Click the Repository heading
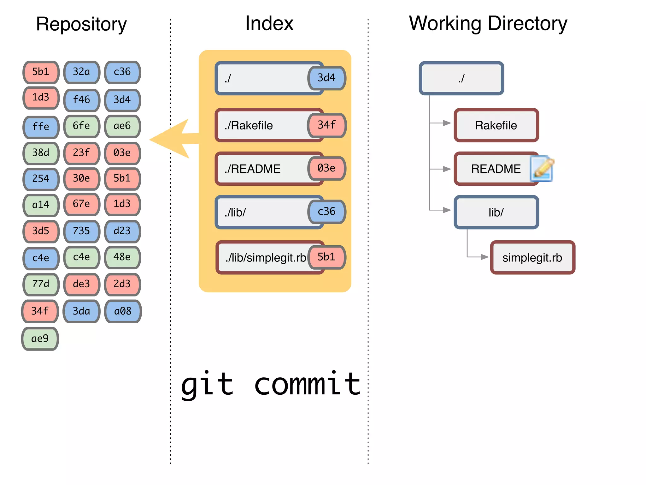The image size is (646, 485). tap(81, 24)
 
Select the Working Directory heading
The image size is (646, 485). tap(488, 24)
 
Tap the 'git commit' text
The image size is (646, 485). tap(271, 384)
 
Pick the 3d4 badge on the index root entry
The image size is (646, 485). tap(326, 78)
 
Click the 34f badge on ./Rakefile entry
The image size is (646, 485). tap(326, 125)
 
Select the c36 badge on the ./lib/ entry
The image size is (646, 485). tap(326, 212)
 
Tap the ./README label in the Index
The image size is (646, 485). tap(252, 169)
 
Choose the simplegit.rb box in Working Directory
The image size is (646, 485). tap(532, 258)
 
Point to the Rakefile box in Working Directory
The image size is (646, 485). tap(496, 125)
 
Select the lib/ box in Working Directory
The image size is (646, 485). tap(496, 212)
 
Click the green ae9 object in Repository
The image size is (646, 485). tap(40, 339)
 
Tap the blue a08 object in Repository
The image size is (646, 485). tap(123, 311)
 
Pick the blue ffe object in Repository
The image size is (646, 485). tap(41, 127)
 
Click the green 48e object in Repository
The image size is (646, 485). tap(122, 257)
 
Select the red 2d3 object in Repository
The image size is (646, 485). tap(122, 284)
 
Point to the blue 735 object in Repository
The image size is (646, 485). tap(81, 231)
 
